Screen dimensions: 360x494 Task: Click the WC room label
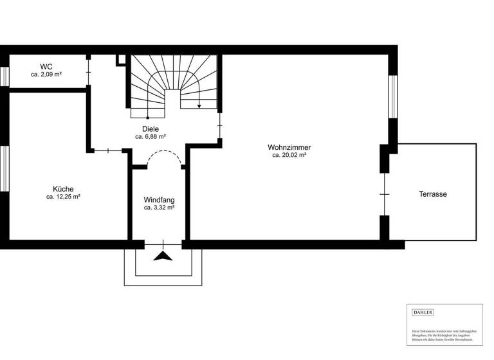click(x=46, y=66)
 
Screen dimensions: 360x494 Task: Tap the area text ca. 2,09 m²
click(x=46, y=75)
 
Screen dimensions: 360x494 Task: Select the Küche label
click(x=63, y=189)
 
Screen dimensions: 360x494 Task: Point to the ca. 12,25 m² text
click(x=63, y=197)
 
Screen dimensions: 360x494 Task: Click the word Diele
click(x=151, y=129)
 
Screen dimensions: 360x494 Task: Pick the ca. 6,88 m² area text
click(x=151, y=137)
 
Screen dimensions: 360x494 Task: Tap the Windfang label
click(x=159, y=199)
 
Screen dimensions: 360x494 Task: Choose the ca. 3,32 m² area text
click(x=159, y=208)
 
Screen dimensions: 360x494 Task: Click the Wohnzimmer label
click(x=289, y=147)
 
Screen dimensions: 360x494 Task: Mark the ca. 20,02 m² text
click(x=289, y=155)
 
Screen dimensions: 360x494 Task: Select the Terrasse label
click(x=433, y=194)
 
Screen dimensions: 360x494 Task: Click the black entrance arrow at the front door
click(x=163, y=256)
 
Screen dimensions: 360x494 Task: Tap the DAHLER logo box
click(x=423, y=312)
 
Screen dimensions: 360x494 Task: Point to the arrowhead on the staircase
click(x=199, y=107)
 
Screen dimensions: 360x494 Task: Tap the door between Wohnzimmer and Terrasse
click(x=385, y=194)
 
